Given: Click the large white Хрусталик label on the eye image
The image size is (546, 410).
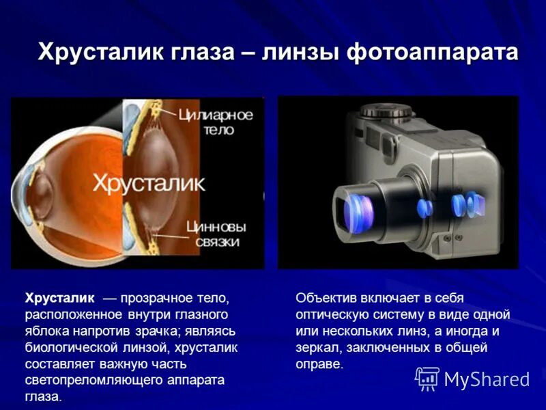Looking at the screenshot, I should click(148, 183).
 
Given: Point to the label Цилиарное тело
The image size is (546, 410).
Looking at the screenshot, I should click(215, 122).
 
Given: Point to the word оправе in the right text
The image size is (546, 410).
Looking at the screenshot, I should click(318, 364).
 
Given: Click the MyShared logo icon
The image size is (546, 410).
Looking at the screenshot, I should click(427, 378).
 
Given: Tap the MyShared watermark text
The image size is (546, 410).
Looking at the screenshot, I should click(487, 379).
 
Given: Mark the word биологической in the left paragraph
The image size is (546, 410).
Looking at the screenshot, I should click(72, 347).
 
